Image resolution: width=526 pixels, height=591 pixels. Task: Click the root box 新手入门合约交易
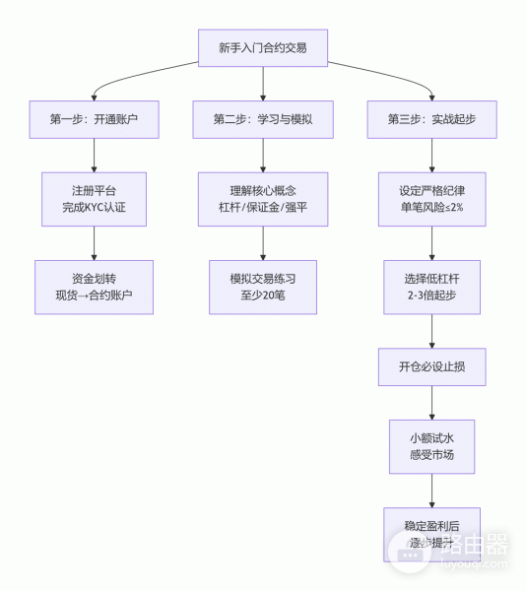click(262, 48)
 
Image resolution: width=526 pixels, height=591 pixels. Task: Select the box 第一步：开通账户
click(94, 119)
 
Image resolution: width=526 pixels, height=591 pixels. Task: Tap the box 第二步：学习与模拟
click(262, 119)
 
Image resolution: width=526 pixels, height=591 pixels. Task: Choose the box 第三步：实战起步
click(431, 119)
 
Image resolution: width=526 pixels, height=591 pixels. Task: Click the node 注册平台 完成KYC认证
click(94, 199)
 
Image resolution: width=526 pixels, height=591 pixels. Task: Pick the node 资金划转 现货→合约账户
click(94, 287)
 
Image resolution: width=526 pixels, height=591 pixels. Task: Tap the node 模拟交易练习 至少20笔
click(262, 287)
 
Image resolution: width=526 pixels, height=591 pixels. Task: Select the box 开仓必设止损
click(431, 366)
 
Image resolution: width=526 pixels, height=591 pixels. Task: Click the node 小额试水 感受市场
click(431, 446)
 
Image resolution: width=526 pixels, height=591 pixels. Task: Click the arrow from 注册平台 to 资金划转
click(94, 243)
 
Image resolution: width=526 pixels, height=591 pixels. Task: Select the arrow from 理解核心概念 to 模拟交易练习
click(262, 243)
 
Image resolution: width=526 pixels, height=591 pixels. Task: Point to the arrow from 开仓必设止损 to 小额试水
click(431, 402)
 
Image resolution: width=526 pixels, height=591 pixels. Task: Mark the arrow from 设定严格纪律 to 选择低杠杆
click(431, 243)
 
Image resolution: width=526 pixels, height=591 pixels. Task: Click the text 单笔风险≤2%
click(431, 208)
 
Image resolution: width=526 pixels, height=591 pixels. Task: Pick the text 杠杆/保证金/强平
click(262, 208)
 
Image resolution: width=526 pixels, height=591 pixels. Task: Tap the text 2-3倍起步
click(431, 296)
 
